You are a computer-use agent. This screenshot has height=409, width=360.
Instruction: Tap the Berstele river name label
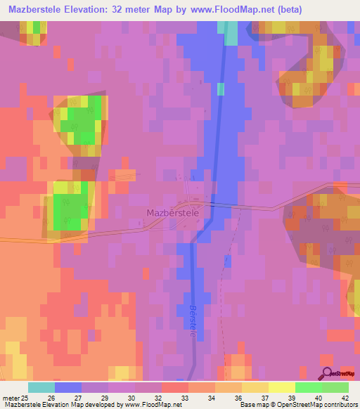[x=192, y=321]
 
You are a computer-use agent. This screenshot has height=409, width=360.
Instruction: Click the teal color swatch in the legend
[x=41, y=387]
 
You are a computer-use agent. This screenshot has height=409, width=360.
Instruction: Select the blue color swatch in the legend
[x=68, y=387]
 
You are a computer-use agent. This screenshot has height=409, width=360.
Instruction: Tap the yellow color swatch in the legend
[x=255, y=387]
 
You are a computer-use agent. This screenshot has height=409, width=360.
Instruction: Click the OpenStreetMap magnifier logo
[x=327, y=374]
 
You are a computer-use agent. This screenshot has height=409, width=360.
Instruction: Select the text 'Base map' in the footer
[x=249, y=405]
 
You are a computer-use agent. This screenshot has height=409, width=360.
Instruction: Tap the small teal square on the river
[x=221, y=89]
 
